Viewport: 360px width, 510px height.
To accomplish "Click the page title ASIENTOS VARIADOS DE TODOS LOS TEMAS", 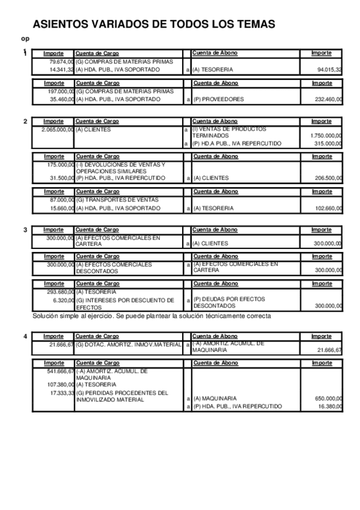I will (x=154, y=24).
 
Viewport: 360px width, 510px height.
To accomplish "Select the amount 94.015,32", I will (x=330, y=70).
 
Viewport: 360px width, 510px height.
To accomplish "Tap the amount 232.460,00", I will (x=329, y=99).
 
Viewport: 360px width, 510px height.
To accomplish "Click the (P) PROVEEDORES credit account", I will (x=218, y=99).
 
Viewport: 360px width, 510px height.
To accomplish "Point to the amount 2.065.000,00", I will (x=58, y=129).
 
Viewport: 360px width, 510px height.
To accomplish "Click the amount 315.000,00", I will (x=329, y=143).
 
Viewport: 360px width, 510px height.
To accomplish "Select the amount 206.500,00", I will (x=329, y=178).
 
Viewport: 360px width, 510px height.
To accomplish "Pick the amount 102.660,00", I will (x=329, y=208).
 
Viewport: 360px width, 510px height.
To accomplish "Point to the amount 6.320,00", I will (x=63, y=300).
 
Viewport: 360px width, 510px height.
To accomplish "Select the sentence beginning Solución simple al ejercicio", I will (x=151, y=316).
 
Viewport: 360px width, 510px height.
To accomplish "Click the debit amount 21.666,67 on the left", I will (x=61, y=345).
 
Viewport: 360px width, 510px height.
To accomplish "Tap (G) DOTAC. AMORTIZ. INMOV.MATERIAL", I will (x=129, y=345).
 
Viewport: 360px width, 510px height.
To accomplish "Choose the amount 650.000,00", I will (x=329, y=398).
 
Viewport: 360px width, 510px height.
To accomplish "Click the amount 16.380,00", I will (x=330, y=406).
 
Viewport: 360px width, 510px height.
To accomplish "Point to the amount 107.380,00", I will (x=60, y=384).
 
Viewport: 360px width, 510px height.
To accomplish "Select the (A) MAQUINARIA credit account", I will (x=215, y=398).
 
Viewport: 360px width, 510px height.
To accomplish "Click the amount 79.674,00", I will (x=61, y=61).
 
